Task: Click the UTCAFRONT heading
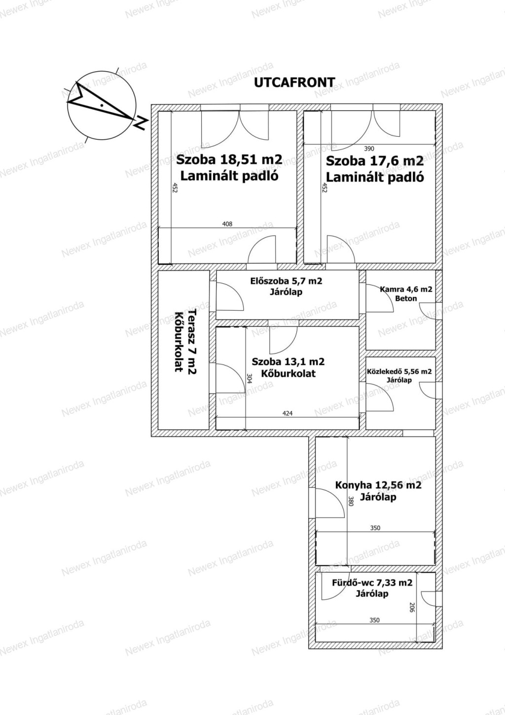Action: [x=294, y=82]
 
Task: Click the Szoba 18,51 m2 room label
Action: [x=229, y=159]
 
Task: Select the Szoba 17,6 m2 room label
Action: [x=375, y=161]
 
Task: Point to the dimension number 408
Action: [x=227, y=224]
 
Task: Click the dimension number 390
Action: [x=369, y=149]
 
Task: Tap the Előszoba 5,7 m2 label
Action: [x=286, y=281]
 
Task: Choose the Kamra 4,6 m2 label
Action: [x=406, y=289]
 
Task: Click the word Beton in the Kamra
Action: [x=406, y=298]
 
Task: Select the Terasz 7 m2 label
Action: [x=192, y=342]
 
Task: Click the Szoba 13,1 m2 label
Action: [x=288, y=361]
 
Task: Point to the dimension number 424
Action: [x=288, y=413]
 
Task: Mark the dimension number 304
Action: [x=250, y=378]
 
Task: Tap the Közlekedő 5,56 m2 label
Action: [x=399, y=371]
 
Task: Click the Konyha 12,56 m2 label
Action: [x=378, y=485]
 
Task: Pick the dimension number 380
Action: [x=351, y=501]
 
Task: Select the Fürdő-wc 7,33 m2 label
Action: [x=372, y=583]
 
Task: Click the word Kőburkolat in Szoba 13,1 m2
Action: [x=288, y=373]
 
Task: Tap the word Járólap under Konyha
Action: [x=378, y=497]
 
